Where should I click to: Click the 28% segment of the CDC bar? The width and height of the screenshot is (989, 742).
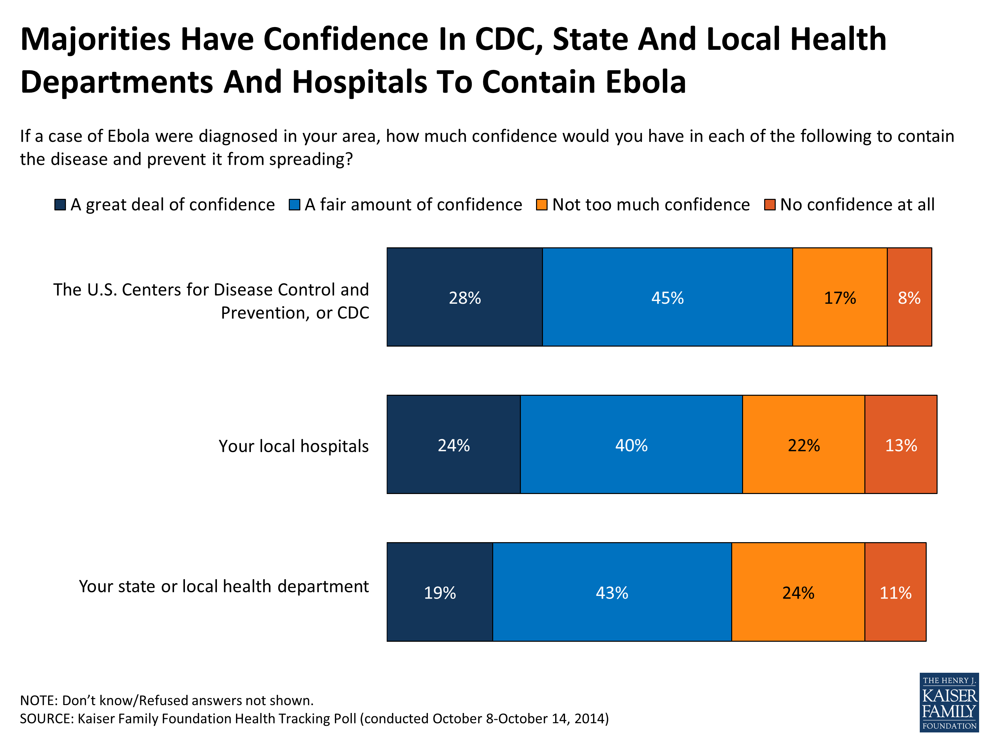(465, 297)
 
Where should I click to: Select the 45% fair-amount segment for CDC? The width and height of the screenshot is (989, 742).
(667, 297)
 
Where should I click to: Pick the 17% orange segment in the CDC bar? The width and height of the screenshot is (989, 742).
(840, 297)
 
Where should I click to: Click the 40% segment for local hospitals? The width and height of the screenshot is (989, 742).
(631, 445)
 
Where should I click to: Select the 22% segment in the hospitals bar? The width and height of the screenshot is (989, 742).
(803, 445)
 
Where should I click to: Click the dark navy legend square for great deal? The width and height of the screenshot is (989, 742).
(60, 205)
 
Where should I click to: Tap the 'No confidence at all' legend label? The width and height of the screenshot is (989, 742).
(857, 205)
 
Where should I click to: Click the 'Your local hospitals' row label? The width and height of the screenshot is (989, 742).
(293, 446)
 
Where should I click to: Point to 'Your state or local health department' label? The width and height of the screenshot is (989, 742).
(224, 586)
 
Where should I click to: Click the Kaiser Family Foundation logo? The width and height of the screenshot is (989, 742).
(949, 702)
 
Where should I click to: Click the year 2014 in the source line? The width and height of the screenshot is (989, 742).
(589, 719)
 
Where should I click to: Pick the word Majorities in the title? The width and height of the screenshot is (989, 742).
(95, 39)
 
